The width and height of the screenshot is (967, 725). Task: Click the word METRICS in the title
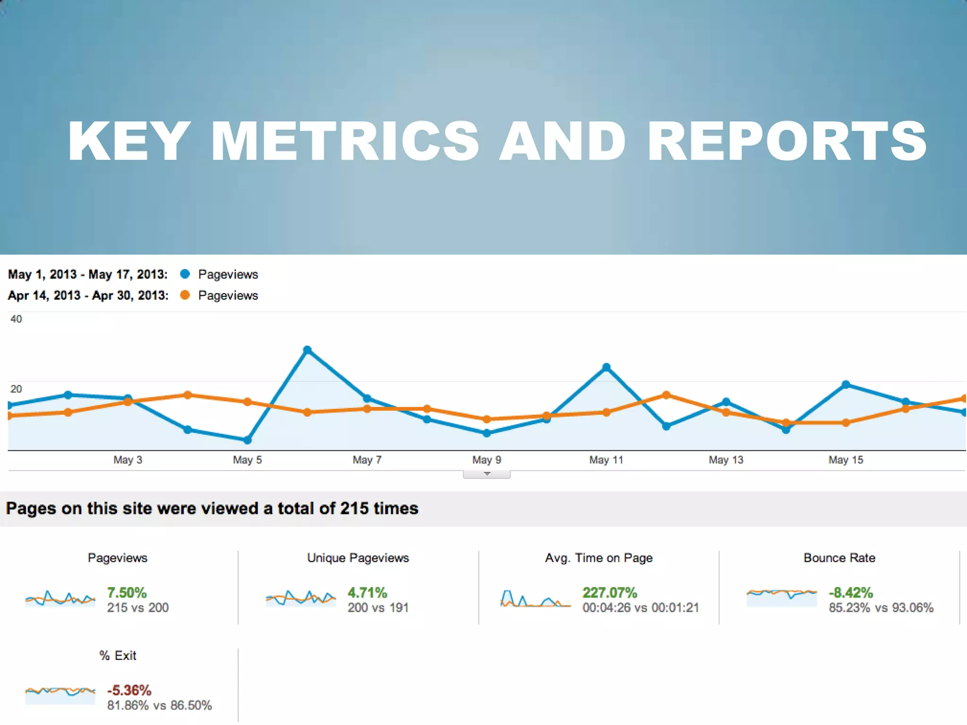click(x=345, y=142)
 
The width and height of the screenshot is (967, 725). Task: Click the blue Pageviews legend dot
click(x=185, y=274)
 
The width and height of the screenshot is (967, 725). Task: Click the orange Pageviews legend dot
click(x=185, y=295)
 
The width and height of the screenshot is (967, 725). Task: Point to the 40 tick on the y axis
click(x=16, y=319)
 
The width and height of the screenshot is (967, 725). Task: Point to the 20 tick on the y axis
click(x=16, y=389)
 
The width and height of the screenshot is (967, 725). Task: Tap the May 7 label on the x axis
click(x=367, y=460)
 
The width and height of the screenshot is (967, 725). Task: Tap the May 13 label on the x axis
click(x=726, y=460)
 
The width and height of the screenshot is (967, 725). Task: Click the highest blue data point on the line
click(x=307, y=350)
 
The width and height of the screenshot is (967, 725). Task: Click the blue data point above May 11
click(x=607, y=367)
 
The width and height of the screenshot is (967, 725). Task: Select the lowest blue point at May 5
click(x=247, y=440)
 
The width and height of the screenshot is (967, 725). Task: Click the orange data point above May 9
click(x=487, y=419)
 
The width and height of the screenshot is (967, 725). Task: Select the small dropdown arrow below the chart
click(x=487, y=474)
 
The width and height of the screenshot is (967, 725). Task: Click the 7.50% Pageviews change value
click(x=127, y=592)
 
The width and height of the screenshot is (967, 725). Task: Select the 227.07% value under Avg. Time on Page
click(x=610, y=592)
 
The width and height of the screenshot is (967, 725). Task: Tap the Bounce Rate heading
click(x=839, y=558)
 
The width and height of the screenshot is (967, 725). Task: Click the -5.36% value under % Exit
click(x=129, y=690)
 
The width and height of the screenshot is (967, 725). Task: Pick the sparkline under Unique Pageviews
click(x=300, y=599)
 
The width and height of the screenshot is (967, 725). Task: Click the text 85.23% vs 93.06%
click(x=881, y=608)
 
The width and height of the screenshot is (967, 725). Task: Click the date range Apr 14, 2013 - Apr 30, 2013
click(x=88, y=295)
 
